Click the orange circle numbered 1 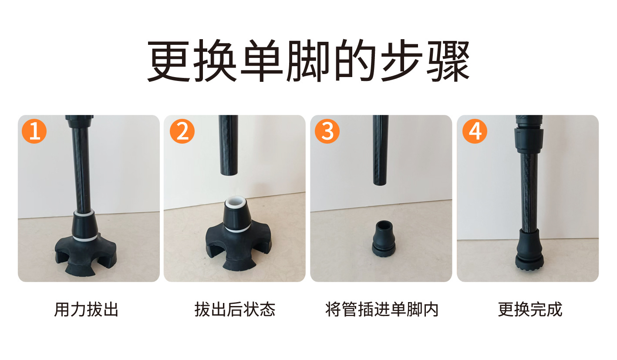pos(34,131)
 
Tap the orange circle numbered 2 pos(182,131)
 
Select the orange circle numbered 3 pos(327,131)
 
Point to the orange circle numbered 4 pos(475,131)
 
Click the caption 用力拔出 pos(86,310)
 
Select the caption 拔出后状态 pos(235,310)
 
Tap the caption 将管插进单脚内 pos(382,310)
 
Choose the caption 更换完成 pos(530,310)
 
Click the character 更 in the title pos(169,61)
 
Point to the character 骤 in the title pos(448,61)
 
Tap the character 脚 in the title pos(308,61)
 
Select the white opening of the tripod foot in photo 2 pos(236,202)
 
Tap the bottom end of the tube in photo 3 pos(381,183)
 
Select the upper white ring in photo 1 pos(83,213)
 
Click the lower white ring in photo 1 pos(85,238)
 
